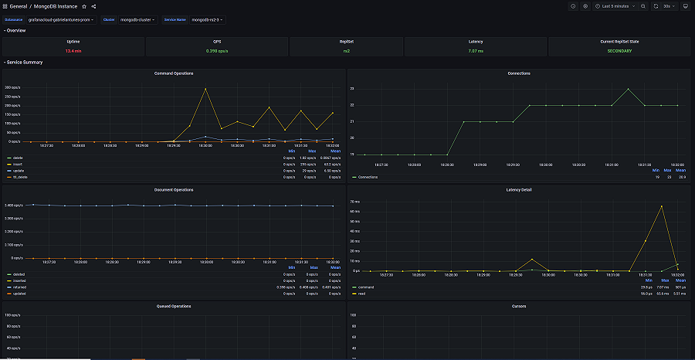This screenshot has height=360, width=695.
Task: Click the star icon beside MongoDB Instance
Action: (x=84, y=6)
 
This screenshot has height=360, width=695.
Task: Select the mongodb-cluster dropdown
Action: (x=137, y=19)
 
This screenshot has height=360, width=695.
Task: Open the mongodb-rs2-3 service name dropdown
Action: (x=206, y=19)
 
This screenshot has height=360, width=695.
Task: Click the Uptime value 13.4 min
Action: (x=73, y=51)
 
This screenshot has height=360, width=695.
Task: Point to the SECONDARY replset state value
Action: (x=619, y=51)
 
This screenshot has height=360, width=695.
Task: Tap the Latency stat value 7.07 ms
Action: (x=476, y=51)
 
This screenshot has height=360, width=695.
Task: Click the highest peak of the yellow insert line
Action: (x=205, y=88)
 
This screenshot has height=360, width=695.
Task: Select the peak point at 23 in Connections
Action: (x=629, y=89)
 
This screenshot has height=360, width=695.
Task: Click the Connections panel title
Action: (x=519, y=73)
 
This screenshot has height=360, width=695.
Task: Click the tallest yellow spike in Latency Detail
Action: (x=662, y=206)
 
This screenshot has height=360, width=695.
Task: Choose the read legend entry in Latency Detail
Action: (x=361, y=294)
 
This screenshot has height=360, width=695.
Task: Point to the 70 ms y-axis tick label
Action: (x=356, y=201)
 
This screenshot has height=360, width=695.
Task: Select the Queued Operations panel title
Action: (x=173, y=306)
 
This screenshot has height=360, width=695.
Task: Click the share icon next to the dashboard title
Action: (x=93, y=6)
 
